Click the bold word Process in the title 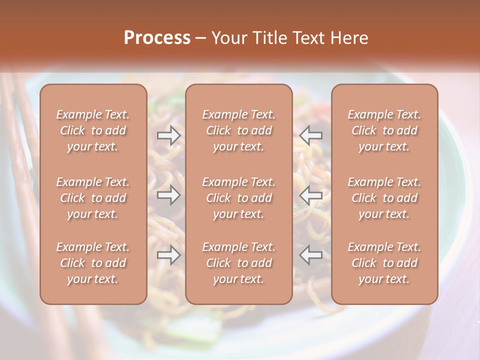pos(157,38)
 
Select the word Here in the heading pos(349,38)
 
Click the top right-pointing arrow pos(169,135)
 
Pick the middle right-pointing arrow pos(169,195)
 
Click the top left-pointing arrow pos(311,135)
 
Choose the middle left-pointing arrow pos(311,195)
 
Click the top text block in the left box pos(93,130)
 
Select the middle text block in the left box pos(93,198)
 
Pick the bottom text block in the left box pos(93,263)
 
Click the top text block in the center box pos(239,130)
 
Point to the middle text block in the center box pos(239,198)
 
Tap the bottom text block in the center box pos(239,263)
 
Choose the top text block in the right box pos(384,130)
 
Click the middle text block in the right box pos(384,198)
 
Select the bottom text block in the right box pos(384,263)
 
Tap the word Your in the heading pos(227,38)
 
